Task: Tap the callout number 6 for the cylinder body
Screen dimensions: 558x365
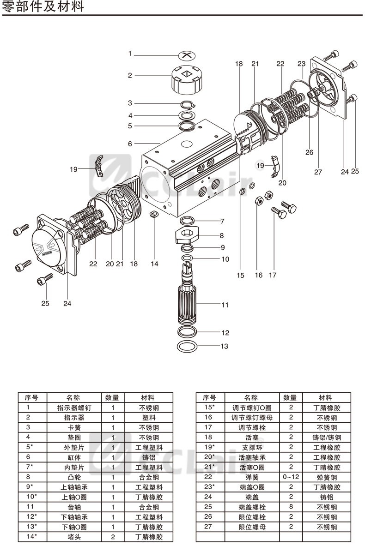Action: click(x=130, y=144)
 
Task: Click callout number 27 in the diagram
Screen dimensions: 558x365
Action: click(x=318, y=172)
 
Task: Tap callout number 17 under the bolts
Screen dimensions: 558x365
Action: click(x=273, y=275)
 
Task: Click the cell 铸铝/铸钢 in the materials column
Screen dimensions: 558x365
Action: click(x=327, y=437)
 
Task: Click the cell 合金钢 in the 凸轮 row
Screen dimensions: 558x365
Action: click(x=149, y=477)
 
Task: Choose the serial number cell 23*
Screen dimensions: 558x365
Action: click(x=210, y=487)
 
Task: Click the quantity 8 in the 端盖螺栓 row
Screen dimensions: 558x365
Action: click(x=291, y=507)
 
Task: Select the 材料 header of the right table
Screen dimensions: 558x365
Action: click(x=327, y=397)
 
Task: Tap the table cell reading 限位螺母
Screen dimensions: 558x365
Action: click(x=251, y=527)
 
